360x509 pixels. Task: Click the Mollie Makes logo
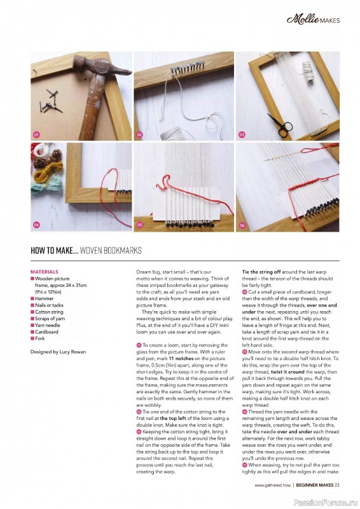click(x=313, y=20)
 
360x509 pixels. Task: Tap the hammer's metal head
click(x=101, y=67)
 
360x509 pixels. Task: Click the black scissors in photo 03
click(x=280, y=123)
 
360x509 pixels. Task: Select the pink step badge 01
click(x=36, y=134)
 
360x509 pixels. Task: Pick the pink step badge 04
click(x=36, y=225)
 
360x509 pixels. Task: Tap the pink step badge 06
click(x=242, y=225)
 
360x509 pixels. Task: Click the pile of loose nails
click(x=51, y=102)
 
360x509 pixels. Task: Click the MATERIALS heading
click(x=45, y=272)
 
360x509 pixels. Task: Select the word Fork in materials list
click(x=40, y=338)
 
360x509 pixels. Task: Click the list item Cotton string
click(x=49, y=312)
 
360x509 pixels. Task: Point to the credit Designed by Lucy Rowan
click(x=58, y=352)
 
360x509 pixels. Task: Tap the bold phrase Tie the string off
click(x=261, y=272)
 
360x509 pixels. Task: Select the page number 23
click(x=337, y=485)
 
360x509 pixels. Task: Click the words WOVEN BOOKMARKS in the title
click(x=111, y=250)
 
